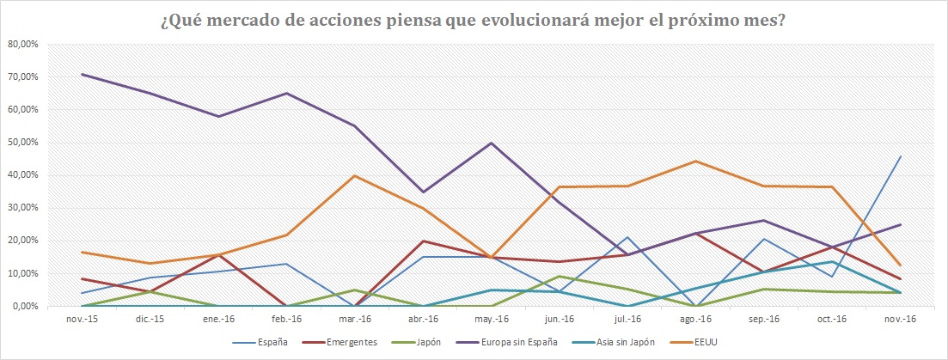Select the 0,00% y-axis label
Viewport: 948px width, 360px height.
point(24,306)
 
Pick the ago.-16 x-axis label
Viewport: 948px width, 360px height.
point(695,318)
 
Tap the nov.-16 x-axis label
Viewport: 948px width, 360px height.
point(901,318)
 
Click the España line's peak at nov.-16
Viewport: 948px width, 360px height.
point(900,156)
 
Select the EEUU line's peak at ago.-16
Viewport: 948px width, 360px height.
point(695,161)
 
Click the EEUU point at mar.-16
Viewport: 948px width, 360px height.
point(354,175)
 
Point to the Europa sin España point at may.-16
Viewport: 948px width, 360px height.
point(491,143)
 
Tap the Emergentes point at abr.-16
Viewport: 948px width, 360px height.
point(422,241)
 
